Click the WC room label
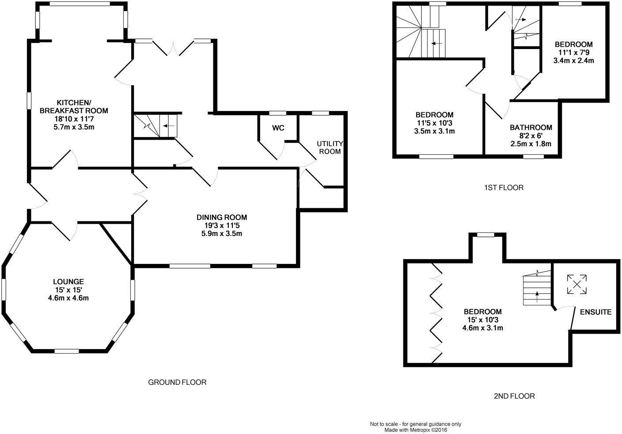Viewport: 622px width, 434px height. pos(278,128)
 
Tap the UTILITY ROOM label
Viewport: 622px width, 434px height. pos(329,148)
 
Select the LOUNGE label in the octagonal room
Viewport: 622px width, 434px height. pos(68,282)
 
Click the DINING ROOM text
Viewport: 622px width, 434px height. pos(222,217)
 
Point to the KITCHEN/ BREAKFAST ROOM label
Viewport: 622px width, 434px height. pos(74,107)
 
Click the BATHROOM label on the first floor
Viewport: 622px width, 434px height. pos(531,128)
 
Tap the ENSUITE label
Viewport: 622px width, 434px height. pos(596,312)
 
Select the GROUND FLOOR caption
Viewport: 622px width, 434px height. pos(177,382)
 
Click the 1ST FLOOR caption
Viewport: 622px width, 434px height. pos(503,188)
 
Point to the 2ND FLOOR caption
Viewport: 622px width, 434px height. pos(514,396)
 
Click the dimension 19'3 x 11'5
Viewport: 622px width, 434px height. pos(222,225)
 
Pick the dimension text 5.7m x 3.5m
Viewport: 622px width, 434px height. pos(74,127)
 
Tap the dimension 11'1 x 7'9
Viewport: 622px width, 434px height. pos(573,53)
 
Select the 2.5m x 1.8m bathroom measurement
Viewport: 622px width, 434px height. pos(531,144)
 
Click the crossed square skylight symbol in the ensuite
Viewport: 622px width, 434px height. pos(577,284)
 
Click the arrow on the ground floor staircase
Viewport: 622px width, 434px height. pos(168,126)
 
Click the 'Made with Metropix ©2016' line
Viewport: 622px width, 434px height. pos(415,430)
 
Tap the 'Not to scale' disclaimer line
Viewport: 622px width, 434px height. pos(415,424)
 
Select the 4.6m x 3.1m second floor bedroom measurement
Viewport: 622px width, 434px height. pos(482,328)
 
